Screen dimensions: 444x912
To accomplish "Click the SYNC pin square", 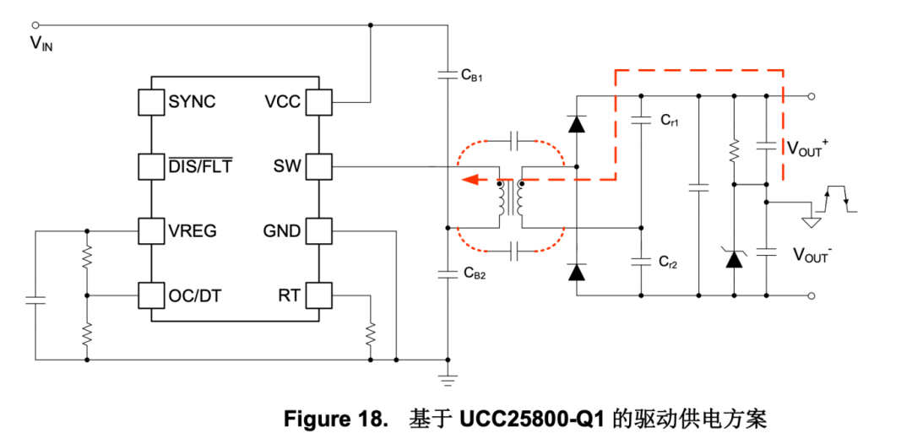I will coord(151,102).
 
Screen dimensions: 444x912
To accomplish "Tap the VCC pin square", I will coord(318,102).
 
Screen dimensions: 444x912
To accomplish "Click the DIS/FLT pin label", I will coord(200,166).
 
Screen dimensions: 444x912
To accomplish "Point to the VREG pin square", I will coord(151,230).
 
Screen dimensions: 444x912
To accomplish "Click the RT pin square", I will coord(318,295).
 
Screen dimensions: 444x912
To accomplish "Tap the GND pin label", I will coord(281,230).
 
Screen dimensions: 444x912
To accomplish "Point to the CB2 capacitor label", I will coord(474,273).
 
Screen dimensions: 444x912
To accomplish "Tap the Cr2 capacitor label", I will coord(670,263).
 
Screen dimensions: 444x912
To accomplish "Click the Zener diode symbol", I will coord(734,257).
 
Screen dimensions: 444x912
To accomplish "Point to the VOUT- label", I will coord(812,253).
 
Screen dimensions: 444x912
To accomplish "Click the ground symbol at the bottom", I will coord(448,376).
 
